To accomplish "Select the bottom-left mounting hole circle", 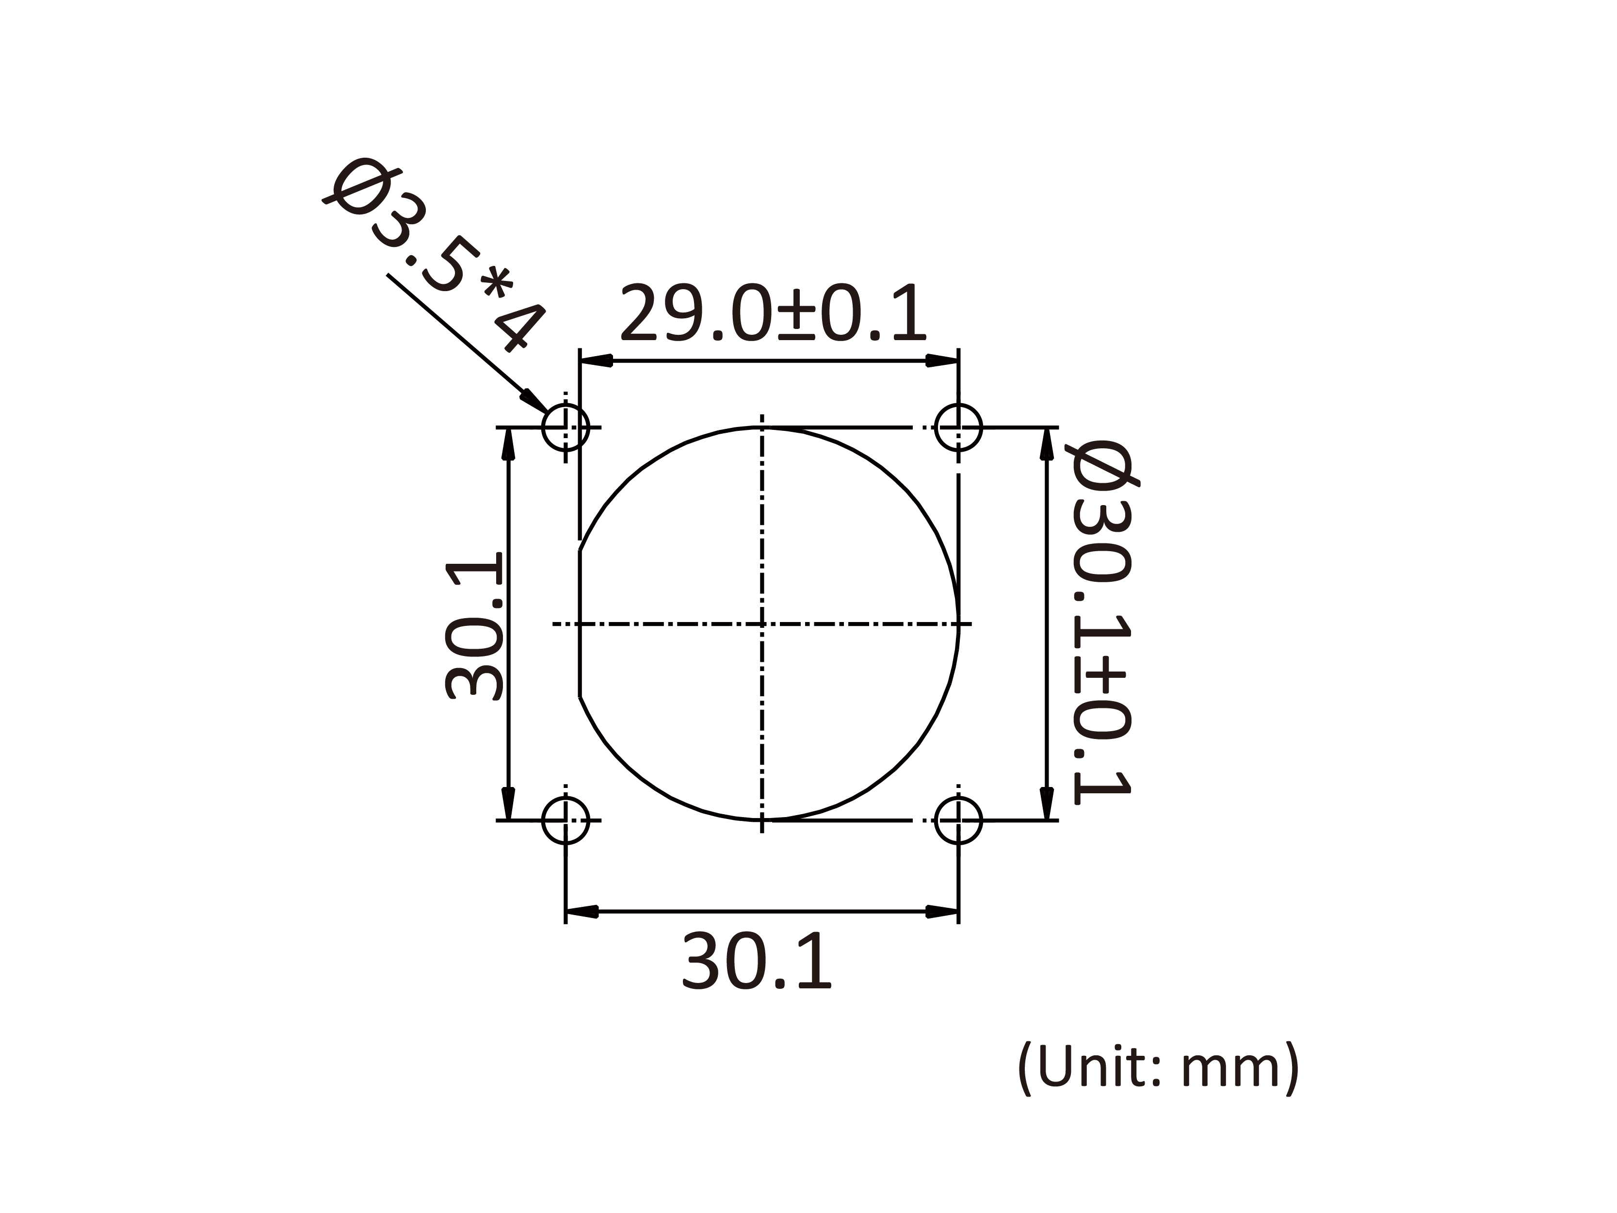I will click(565, 820).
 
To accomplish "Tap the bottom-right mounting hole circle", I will click(958, 820).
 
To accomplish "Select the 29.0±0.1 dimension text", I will click(773, 314).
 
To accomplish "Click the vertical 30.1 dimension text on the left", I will click(474, 626).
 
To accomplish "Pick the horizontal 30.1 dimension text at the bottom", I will click(757, 962).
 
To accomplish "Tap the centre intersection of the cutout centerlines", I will click(762, 623).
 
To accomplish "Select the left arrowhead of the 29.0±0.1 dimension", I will click(595, 361).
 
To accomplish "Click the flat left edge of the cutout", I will click(580, 623).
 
